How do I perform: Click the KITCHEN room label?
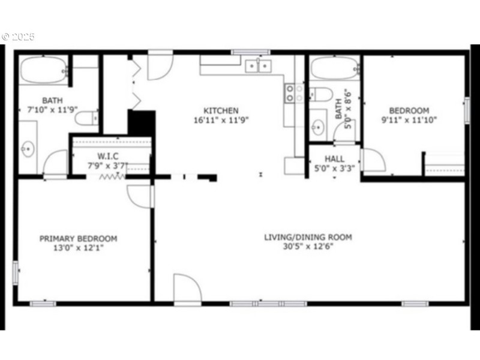tap(221, 110)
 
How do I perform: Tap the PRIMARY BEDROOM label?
tap(78, 238)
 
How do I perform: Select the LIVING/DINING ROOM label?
tap(308, 237)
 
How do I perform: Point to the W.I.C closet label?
tap(107, 156)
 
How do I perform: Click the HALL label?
tap(334, 158)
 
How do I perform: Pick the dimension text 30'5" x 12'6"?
tap(308, 247)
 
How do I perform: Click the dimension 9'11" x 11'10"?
tap(409, 119)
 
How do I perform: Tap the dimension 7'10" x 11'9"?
tap(52, 110)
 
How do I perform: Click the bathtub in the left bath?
tap(42, 71)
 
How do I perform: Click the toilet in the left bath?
tap(88, 118)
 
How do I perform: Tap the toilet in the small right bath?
tap(320, 95)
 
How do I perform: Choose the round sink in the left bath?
tap(28, 149)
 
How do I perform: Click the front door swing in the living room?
tap(187, 289)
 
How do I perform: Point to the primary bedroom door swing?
tap(140, 196)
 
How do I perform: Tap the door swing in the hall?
tap(373, 160)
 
